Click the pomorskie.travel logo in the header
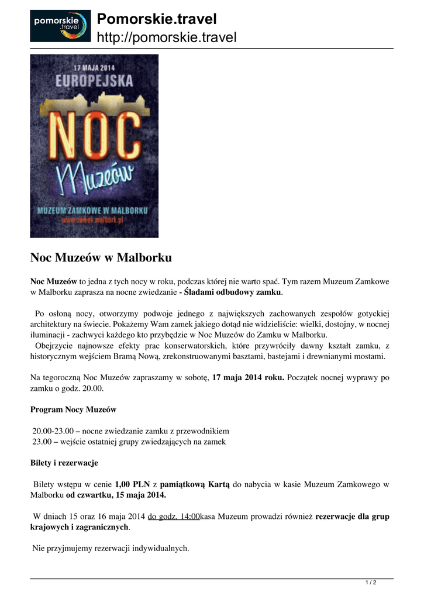(x=60, y=26)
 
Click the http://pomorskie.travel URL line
(x=166, y=38)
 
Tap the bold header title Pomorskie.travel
(x=157, y=19)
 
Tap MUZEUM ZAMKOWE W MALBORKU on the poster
(x=94, y=209)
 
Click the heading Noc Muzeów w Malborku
(x=101, y=257)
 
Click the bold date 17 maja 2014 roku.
(x=248, y=378)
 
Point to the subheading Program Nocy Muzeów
(x=73, y=409)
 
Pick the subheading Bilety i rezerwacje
(x=64, y=463)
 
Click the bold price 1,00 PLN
(x=133, y=484)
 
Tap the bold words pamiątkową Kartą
(x=195, y=484)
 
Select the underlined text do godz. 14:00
(x=174, y=517)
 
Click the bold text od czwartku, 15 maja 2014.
(x=116, y=495)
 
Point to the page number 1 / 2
(x=370, y=583)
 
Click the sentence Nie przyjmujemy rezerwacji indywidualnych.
(x=111, y=549)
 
